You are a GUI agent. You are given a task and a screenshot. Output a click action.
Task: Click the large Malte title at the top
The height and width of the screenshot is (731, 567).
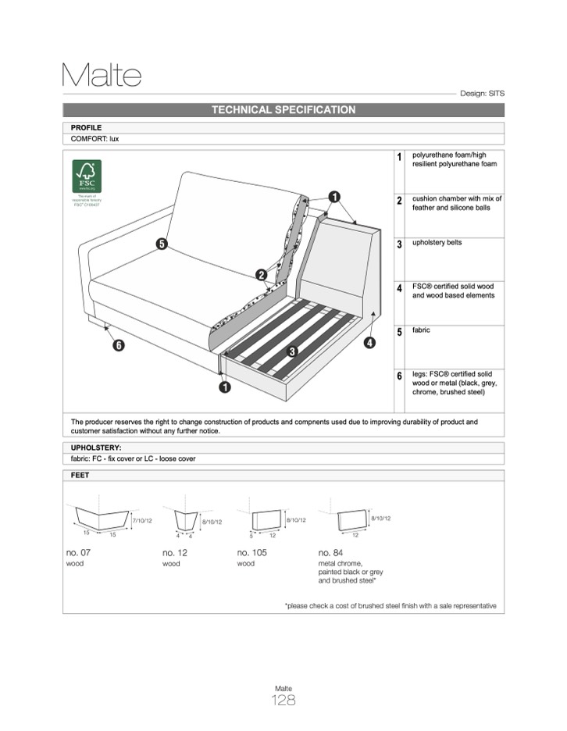(102, 75)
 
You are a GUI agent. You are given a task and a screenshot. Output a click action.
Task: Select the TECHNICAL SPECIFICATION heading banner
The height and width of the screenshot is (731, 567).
(283, 110)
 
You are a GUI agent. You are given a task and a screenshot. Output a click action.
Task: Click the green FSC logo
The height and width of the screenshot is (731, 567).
(87, 177)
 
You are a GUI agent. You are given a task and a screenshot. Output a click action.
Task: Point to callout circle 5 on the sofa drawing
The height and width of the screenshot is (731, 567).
(162, 244)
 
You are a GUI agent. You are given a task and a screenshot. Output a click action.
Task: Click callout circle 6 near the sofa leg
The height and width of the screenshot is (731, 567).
(119, 345)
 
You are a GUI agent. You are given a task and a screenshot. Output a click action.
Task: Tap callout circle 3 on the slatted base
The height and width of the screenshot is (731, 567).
(292, 351)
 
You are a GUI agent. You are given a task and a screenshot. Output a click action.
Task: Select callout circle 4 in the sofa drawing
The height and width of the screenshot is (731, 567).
(369, 341)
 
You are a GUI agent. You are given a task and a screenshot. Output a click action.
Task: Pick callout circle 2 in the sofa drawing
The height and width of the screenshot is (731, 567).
(262, 275)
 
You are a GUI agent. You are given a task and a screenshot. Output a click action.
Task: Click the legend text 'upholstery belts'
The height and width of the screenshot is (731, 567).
(437, 243)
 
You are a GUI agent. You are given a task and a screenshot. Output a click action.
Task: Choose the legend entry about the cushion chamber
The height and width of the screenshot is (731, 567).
(457, 204)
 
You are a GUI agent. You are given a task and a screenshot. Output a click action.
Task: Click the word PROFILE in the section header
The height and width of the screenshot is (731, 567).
(86, 127)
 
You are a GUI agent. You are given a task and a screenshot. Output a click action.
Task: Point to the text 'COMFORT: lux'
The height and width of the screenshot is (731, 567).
(94, 139)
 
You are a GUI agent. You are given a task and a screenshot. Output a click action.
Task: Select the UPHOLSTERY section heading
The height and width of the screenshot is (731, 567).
(96, 448)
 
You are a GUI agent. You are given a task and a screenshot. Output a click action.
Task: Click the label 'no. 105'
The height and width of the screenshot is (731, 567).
(251, 553)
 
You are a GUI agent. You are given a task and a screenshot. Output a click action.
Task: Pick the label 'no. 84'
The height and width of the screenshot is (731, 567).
(330, 553)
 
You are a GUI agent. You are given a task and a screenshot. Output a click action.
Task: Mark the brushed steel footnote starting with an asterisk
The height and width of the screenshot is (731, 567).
(390, 606)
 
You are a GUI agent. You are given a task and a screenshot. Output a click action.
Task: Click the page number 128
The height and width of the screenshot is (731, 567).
(283, 701)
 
